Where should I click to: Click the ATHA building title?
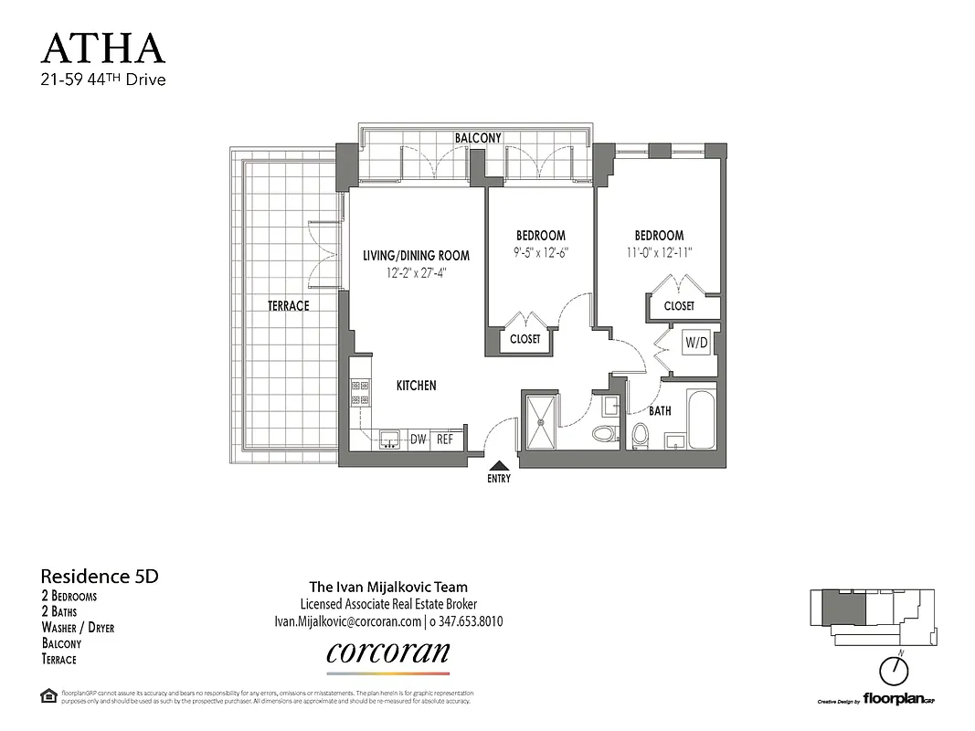point(103,48)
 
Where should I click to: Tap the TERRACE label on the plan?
point(288,306)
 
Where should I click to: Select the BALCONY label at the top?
point(479,138)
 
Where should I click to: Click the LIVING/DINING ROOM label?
point(416,255)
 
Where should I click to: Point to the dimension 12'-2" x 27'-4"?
point(416,272)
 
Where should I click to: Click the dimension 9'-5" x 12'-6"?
point(540,252)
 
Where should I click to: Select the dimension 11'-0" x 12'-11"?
point(658,252)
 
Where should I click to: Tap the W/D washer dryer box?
point(697,344)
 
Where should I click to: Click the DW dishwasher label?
point(419,440)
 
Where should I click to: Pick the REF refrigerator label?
point(445,440)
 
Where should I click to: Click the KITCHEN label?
point(416,386)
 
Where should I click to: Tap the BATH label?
point(660,411)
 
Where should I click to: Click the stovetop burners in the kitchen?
point(359,393)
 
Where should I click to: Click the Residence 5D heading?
point(100,577)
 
